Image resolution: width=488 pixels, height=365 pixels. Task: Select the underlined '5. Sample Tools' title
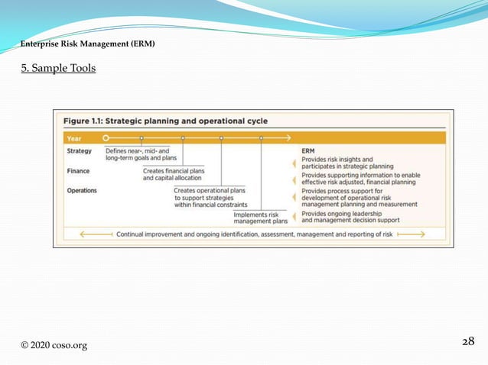pyautogui.click(x=58, y=69)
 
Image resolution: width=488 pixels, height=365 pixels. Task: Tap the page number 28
pyautogui.click(x=469, y=341)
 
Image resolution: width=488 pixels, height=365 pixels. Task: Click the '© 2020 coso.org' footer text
pyautogui.click(x=54, y=345)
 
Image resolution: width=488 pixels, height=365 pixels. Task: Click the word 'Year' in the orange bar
pyautogui.click(x=75, y=139)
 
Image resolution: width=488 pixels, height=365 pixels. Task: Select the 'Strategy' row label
pyautogui.click(x=79, y=151)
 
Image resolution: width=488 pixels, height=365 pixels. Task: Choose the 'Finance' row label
pyautogui.click(x=78, y=171)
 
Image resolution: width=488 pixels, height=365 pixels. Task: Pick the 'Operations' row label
pyautogui.click(x=82, y=190)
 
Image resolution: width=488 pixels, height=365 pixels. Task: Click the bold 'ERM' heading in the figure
pyautogui.click(x=308, y=151)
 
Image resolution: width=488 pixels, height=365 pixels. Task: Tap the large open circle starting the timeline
pyautogui.click(x=106, y=138)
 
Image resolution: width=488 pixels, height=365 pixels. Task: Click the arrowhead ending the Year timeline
pyautogui.click(x=288, y=138)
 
